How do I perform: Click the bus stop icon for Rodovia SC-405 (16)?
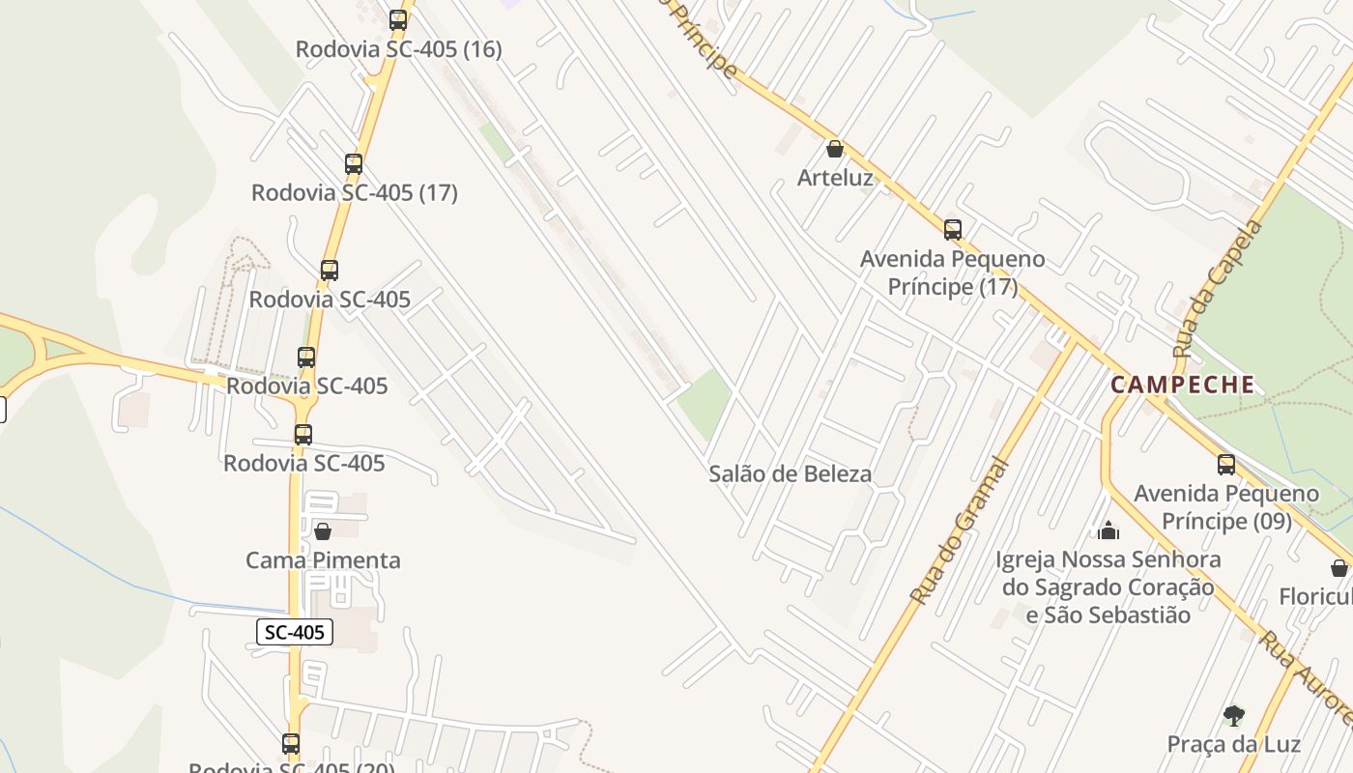pos(398,19)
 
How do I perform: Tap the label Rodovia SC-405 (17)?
pos(354,192)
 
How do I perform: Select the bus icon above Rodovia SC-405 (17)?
pos(354,164)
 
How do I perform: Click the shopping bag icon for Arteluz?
pos(835,149)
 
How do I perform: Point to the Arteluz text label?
pos(835,178)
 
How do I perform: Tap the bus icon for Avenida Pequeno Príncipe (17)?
pos(953,230)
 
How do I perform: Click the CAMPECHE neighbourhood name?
pos(1183,385)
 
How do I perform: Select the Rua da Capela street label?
pos(1218,290)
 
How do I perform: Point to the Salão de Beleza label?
pos(791,473)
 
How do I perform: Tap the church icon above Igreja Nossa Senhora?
pos(1108,530)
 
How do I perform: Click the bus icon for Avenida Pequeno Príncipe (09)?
pos(1226,465)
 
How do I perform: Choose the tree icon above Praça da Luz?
pos(1233,716)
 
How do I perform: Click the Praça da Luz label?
pos(1233,744)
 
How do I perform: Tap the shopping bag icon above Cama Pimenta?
pos(323,531)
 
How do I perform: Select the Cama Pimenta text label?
pos(323,560)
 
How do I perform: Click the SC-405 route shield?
pos(295,632)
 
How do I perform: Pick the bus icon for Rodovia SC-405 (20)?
pos(291,744)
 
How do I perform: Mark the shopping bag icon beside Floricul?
pos(1339,568)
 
